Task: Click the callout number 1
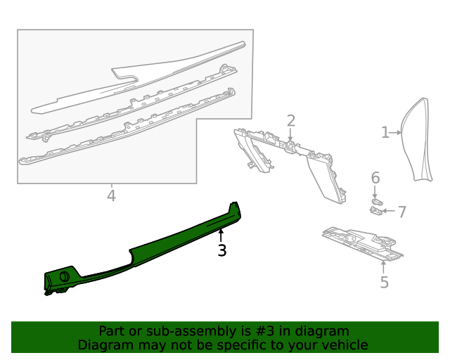click(385, 132)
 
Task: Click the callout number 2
click(290, 121)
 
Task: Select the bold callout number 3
click(221, 250)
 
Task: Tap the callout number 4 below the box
click(111, 195)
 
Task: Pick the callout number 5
click(384, 283)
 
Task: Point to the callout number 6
click(375, 178)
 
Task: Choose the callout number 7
click(401, 211)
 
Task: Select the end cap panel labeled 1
click(417, 141)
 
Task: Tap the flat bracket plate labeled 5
click(362, 243)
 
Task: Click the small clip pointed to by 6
click(376, 201)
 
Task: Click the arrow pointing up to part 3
click(221, 235)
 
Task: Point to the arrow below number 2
click(290, 135)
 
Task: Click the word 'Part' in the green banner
click(112, 331)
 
